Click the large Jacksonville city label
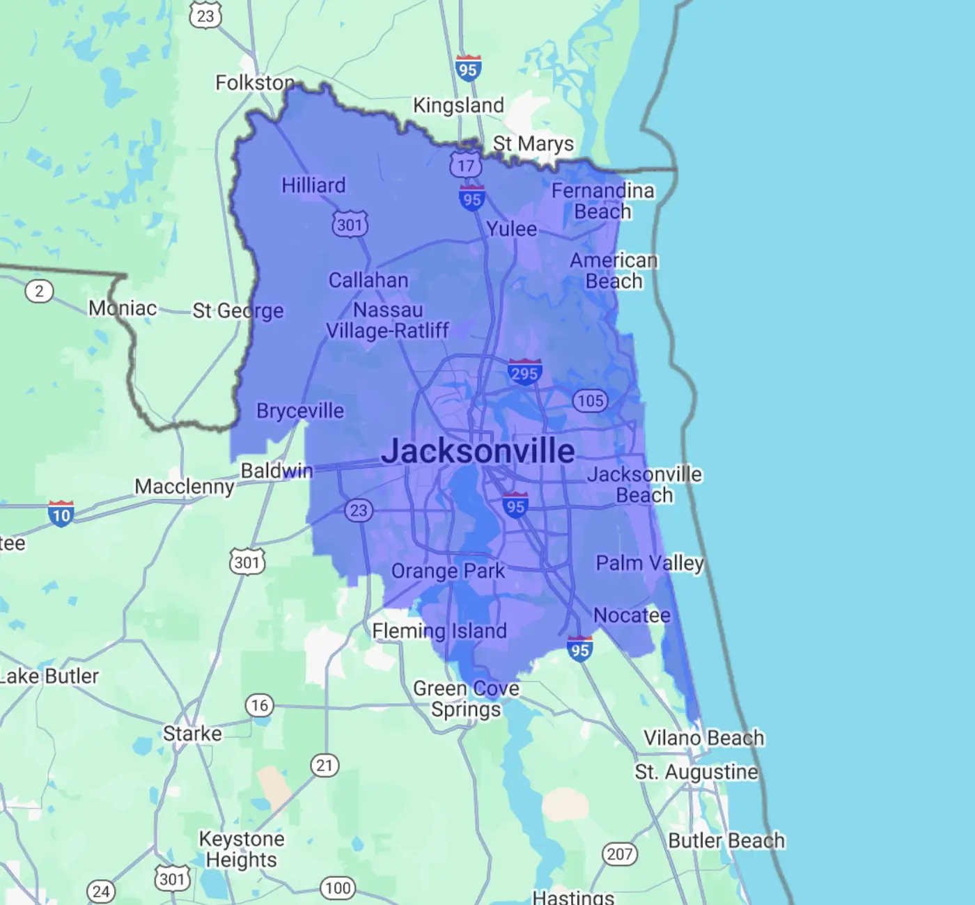coord(478,451)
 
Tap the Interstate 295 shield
coord(524,372)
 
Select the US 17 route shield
coord(465,166)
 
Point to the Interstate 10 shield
coord(61,514)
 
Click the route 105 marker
coord(590,400)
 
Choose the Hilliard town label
coord(313,185)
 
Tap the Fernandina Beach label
coord(603,200)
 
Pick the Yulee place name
coord(511,229)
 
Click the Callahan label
coord(368,280)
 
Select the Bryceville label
coord(300,411)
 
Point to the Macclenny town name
coord(185,486)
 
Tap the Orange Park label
coord(448,571)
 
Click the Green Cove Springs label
coord(466,698)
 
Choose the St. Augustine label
coord(696,772)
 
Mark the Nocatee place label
coord(632,615)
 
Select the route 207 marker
coord(619,853)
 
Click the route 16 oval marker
coord(259,705)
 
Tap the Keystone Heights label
coord(242,849)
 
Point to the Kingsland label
coord(458,105)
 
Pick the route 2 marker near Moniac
coord(39,291)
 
